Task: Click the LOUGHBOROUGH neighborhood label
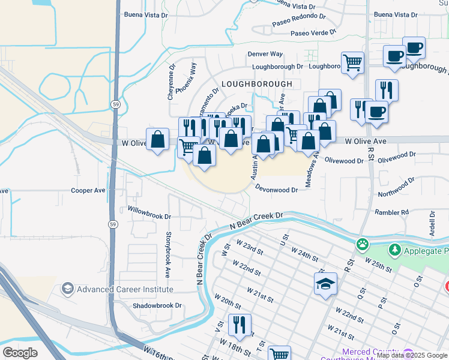(x=256, y=84)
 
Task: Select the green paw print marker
(x=363, y=244)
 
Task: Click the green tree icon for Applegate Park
(x=394, y=248)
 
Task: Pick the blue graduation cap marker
(x=325, y=283)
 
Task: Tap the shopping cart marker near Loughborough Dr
(x=352, y=62)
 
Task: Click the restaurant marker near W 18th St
(x=240, y=325)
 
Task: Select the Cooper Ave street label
(x=88, y=190)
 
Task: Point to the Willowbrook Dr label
(x=149, y=212)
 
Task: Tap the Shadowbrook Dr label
(x=157, y=305)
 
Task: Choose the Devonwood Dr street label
(x=276, y=189)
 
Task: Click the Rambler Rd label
(x=391, y=212)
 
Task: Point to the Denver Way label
(x=265, y=54)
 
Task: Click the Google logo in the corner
(x=20, y=352)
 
